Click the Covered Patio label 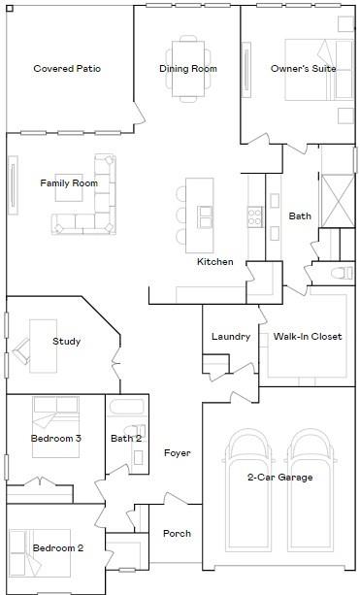[x=67, y=69]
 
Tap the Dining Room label [x=188, y=69]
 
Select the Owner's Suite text [x=298, y=69]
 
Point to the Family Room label [x=69, y=183]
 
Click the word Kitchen [x=215, y=262]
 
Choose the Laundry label [x=231, y=337]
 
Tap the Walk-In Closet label [x=308, y=337]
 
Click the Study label [x=66, y=342]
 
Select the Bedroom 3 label [x=56, y=439]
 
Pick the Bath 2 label [x=126, y=439]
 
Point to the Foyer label [x=177, y=453]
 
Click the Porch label [x=177, y=534]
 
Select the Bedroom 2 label [x=58, y=548]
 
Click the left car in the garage [x=248, y=495]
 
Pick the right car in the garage [x=311, y=495]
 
